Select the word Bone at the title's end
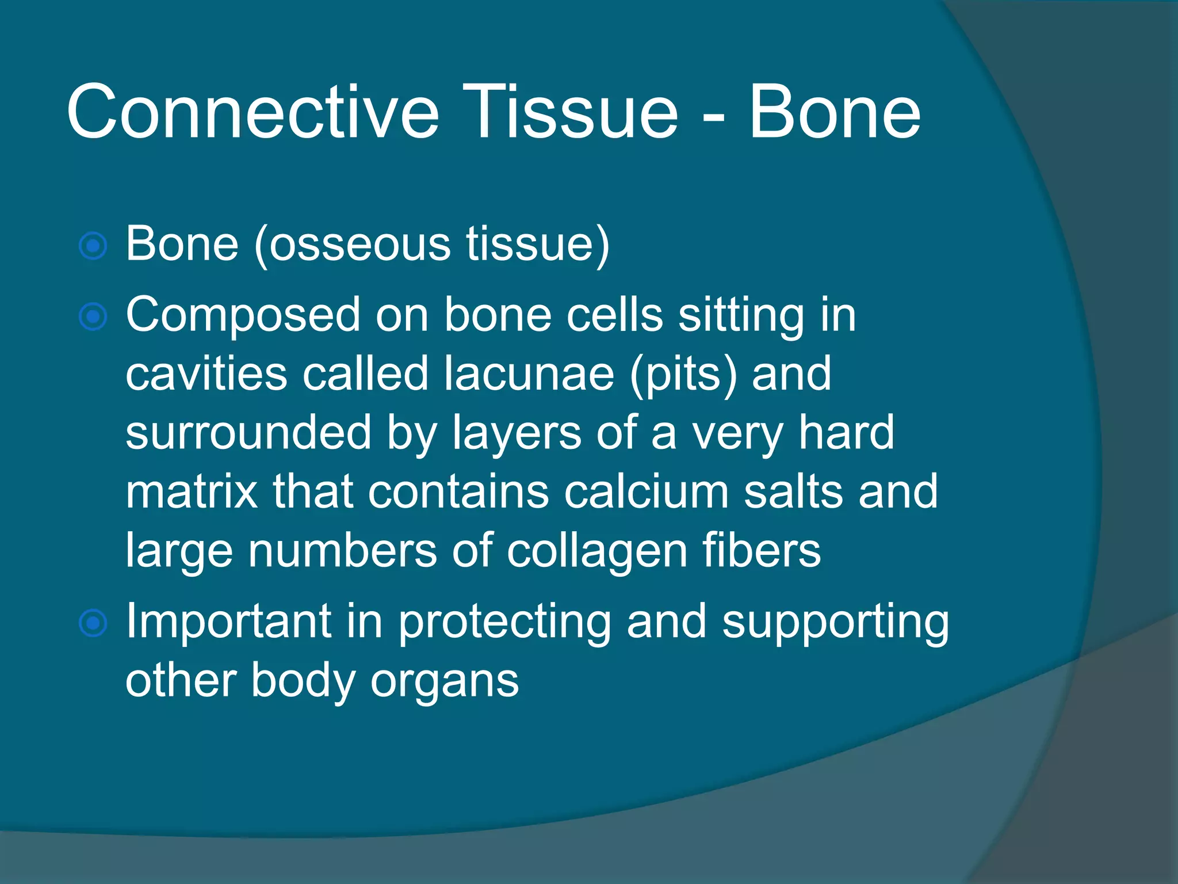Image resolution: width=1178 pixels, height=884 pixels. click(x=834, y=112)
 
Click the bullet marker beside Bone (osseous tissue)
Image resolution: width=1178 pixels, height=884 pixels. click(x=93, y=246)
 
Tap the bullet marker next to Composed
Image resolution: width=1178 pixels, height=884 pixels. click(x=93, y=317)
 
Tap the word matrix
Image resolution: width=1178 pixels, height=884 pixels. click(x=192, y=492)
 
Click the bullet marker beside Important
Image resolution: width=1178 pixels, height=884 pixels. click(x=93, y=623)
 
